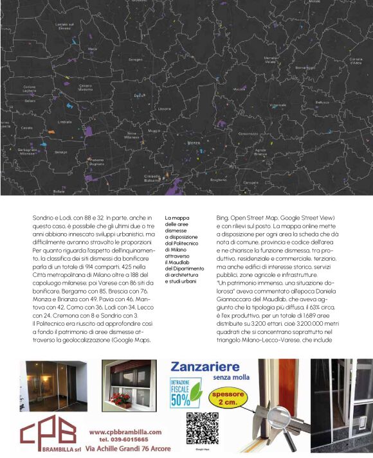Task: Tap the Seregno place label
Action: tap(135, 60)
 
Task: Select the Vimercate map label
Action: tap(278, 105)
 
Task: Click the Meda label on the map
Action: tap(93, 48)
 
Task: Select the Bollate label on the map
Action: tap(59, 191)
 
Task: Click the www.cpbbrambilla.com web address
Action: tap(125, 432)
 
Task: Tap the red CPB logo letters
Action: tap(48, 431)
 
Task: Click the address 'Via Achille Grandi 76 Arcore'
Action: tap(128, 449)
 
